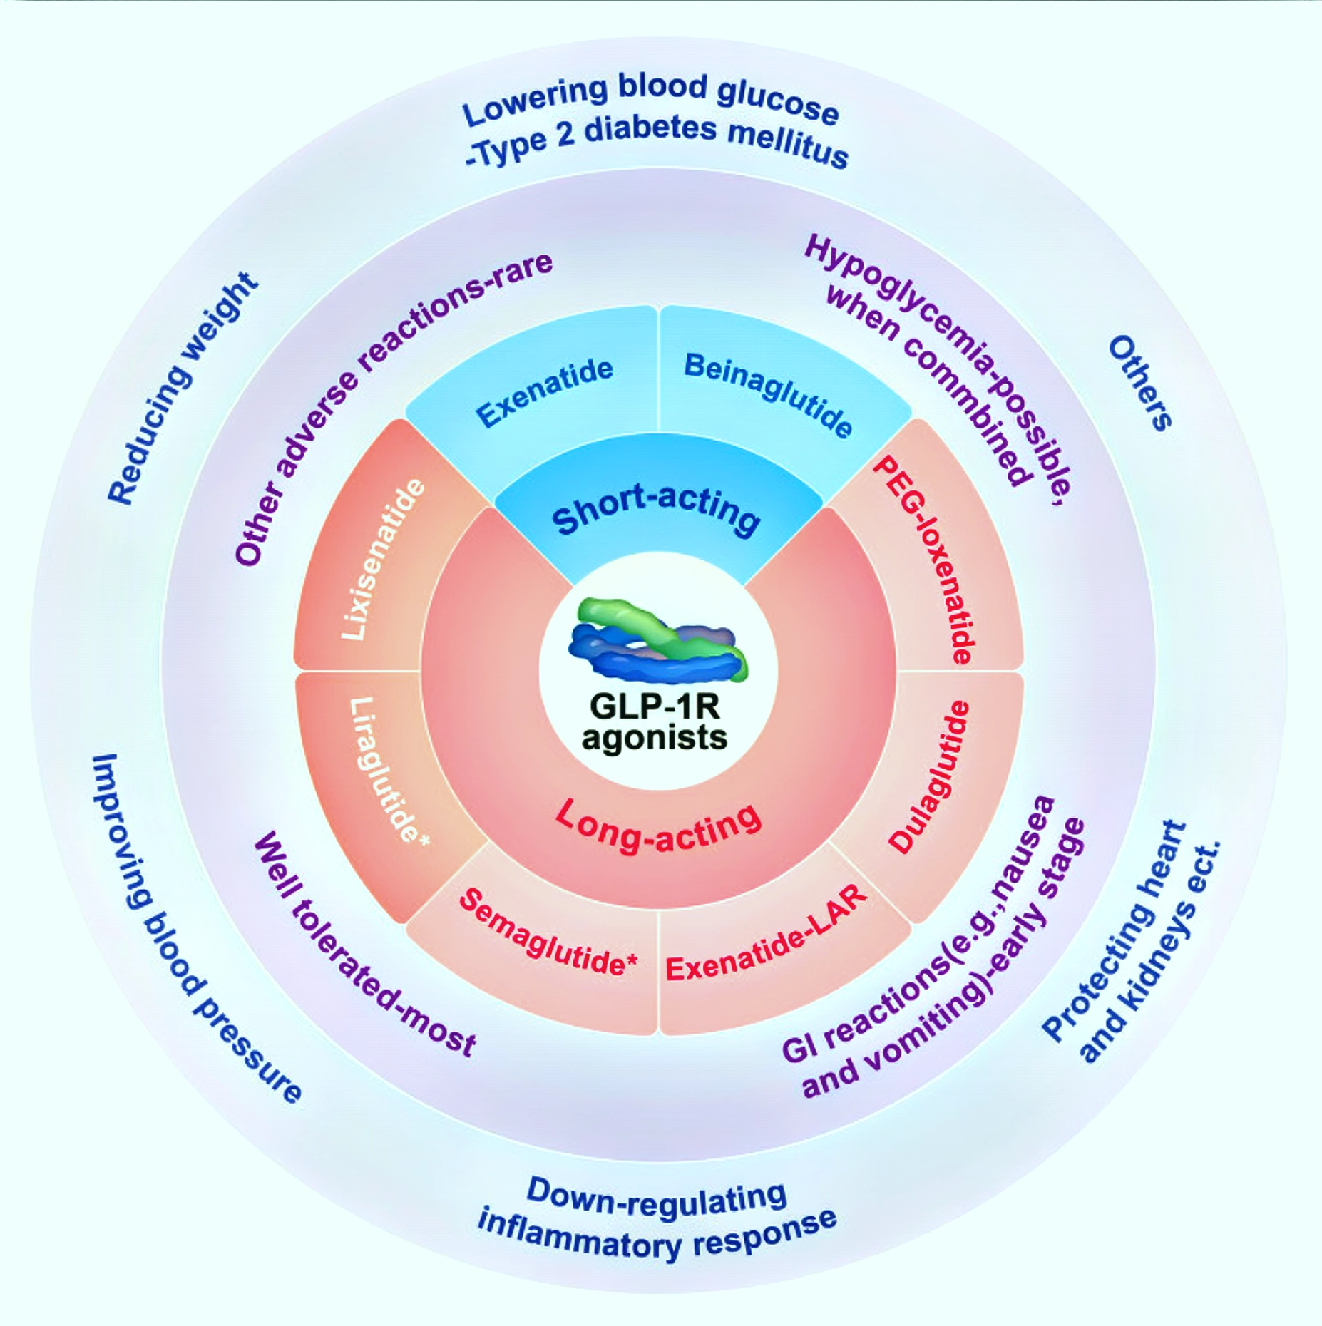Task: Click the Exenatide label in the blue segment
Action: (x=544, y=391)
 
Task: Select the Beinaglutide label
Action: (x=768, y=394)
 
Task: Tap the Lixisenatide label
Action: (x=382, y=560)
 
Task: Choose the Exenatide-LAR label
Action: (x=767, y=935)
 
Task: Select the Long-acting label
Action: (x=657, y=826)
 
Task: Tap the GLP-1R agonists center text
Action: (x=654, y=722)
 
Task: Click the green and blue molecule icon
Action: (x=656, y=639)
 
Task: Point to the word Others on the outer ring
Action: (x=1139, y=384)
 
